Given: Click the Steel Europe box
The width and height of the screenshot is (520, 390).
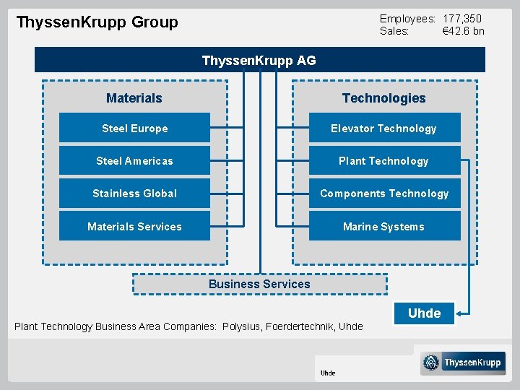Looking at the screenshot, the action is click(x=134, y=128).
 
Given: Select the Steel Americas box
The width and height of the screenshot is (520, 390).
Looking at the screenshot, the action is click(x=134, y=160).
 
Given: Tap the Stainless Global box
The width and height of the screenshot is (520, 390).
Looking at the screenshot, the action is click(x=134, y=193).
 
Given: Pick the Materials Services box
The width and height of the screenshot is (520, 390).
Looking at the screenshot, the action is click(x=134, y=226).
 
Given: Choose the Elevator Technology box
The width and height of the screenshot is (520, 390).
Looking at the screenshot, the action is click(x=384, y=128).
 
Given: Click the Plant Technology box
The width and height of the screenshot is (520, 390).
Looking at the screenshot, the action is click(x=384, y=160).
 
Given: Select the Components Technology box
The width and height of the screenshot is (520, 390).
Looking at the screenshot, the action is click(x=384, y=193).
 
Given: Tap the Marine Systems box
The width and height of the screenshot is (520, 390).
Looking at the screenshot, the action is click(x=384, y=226).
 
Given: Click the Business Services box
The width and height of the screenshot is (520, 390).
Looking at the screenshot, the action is click(x=259, y=284).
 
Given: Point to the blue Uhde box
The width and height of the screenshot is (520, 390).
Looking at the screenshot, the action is click(x=424, y=313).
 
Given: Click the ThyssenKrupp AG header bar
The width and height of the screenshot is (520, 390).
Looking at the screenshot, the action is click(x=259, y=60).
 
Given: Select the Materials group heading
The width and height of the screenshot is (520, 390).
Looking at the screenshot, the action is click(x=134, y=97).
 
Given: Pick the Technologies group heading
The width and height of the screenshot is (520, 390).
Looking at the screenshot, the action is click(x=384, y=97).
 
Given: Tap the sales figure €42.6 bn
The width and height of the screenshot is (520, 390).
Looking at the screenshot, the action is click(x=463, y=31).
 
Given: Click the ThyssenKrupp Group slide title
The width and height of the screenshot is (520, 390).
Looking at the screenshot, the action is click(x=97, y=22).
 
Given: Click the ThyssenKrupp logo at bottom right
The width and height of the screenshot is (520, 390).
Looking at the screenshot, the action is click(x=463, y=363).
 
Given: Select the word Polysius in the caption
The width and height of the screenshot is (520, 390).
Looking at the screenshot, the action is click(x=242, y=326).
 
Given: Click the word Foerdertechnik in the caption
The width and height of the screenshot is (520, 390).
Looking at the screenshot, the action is click(x=300, y=326).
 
